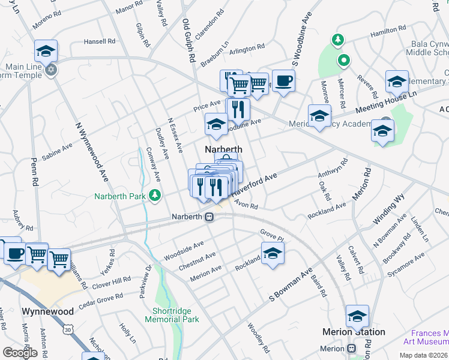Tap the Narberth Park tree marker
tap(155, 195)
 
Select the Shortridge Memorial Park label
tap(171, 316)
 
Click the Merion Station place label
tap(354, 332)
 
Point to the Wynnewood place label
tap(47, 312)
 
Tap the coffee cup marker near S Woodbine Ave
tap(283, 80)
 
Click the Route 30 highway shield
tap(68, 329)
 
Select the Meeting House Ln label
tap(385, 101)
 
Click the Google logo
tap(20, 353)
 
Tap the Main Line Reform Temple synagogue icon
tap(51, 69)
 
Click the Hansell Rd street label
tap(99, 41)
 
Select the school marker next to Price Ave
tap(216, 124)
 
